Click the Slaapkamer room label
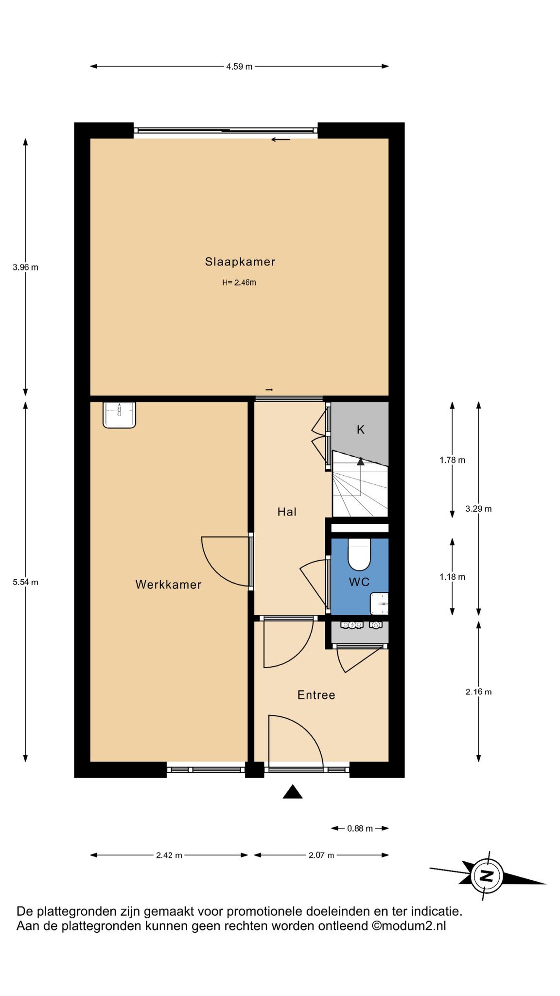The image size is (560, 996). (240, 262)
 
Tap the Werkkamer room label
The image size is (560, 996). (168, 585)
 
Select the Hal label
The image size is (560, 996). (287, 512)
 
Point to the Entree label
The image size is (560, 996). (316, 695)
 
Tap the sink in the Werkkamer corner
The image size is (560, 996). (119, 415)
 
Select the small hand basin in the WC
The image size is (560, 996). (379, 604)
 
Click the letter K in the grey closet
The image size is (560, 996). (361, 429)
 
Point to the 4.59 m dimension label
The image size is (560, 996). (239, 67)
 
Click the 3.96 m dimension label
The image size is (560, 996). (26, 267)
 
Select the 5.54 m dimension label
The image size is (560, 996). (26, 582)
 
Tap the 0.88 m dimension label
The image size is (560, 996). (360, 828)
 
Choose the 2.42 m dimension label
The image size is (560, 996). (169, 855)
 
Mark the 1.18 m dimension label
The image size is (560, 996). (453, 577)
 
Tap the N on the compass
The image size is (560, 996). (486, 876)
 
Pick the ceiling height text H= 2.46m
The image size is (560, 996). (239, 282)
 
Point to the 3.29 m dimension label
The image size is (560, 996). (479, 509)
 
